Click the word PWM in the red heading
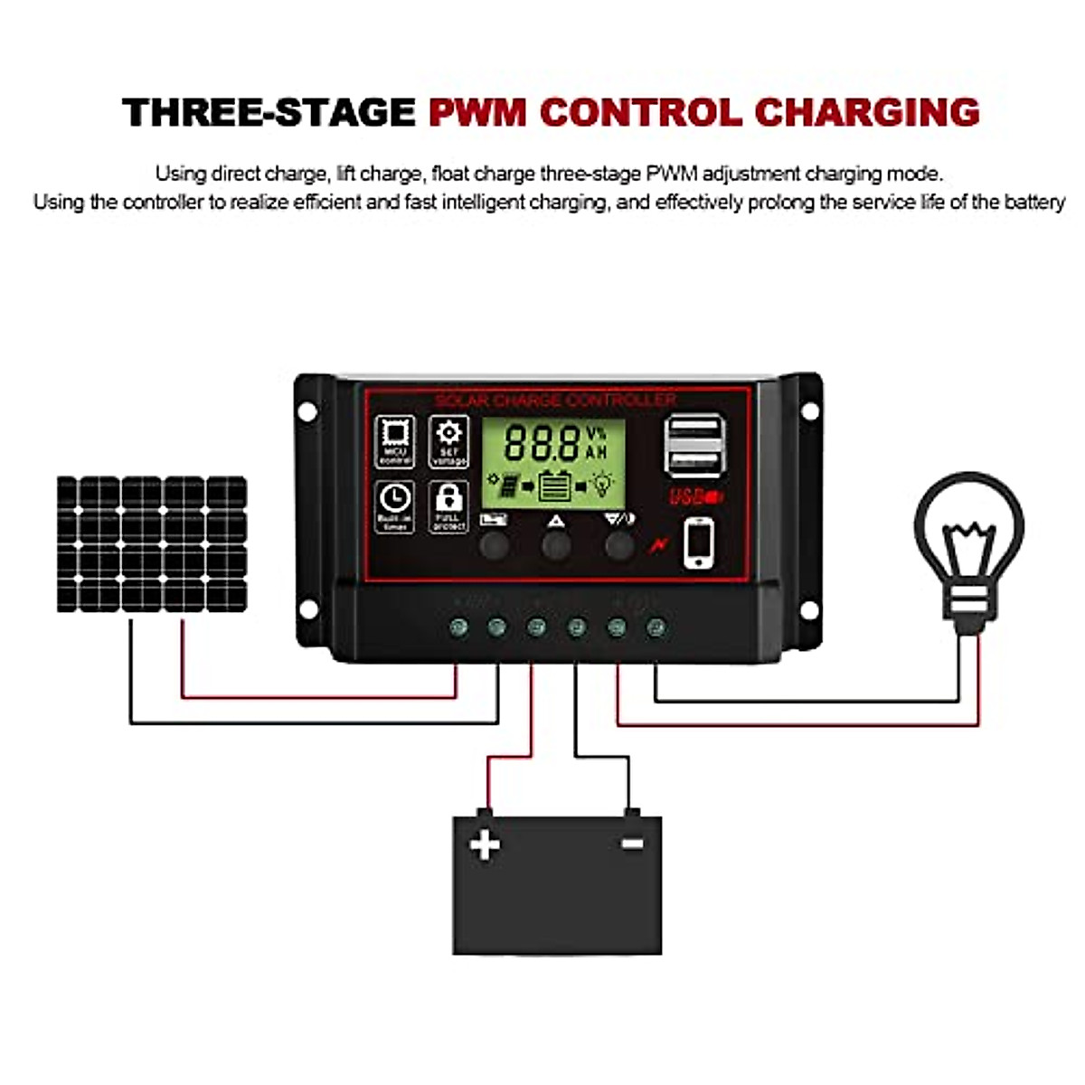[476, 113]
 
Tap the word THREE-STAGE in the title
[269, 113]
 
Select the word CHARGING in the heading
[866, 113]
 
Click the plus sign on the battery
[485, 845]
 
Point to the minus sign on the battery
[632, 844]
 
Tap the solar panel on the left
[152, 544]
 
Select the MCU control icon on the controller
[395, 440]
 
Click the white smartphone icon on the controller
[698, 542]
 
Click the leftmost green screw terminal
[458, 627]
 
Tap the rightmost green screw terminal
[656, 627]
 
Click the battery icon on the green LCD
[553, 486]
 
